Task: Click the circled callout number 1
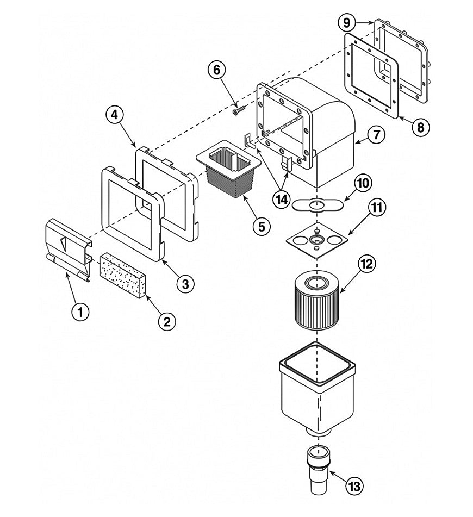click(80, 312)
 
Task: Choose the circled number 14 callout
click(282, 200)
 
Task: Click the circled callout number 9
click(346, 23)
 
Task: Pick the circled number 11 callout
click(376, 207)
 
